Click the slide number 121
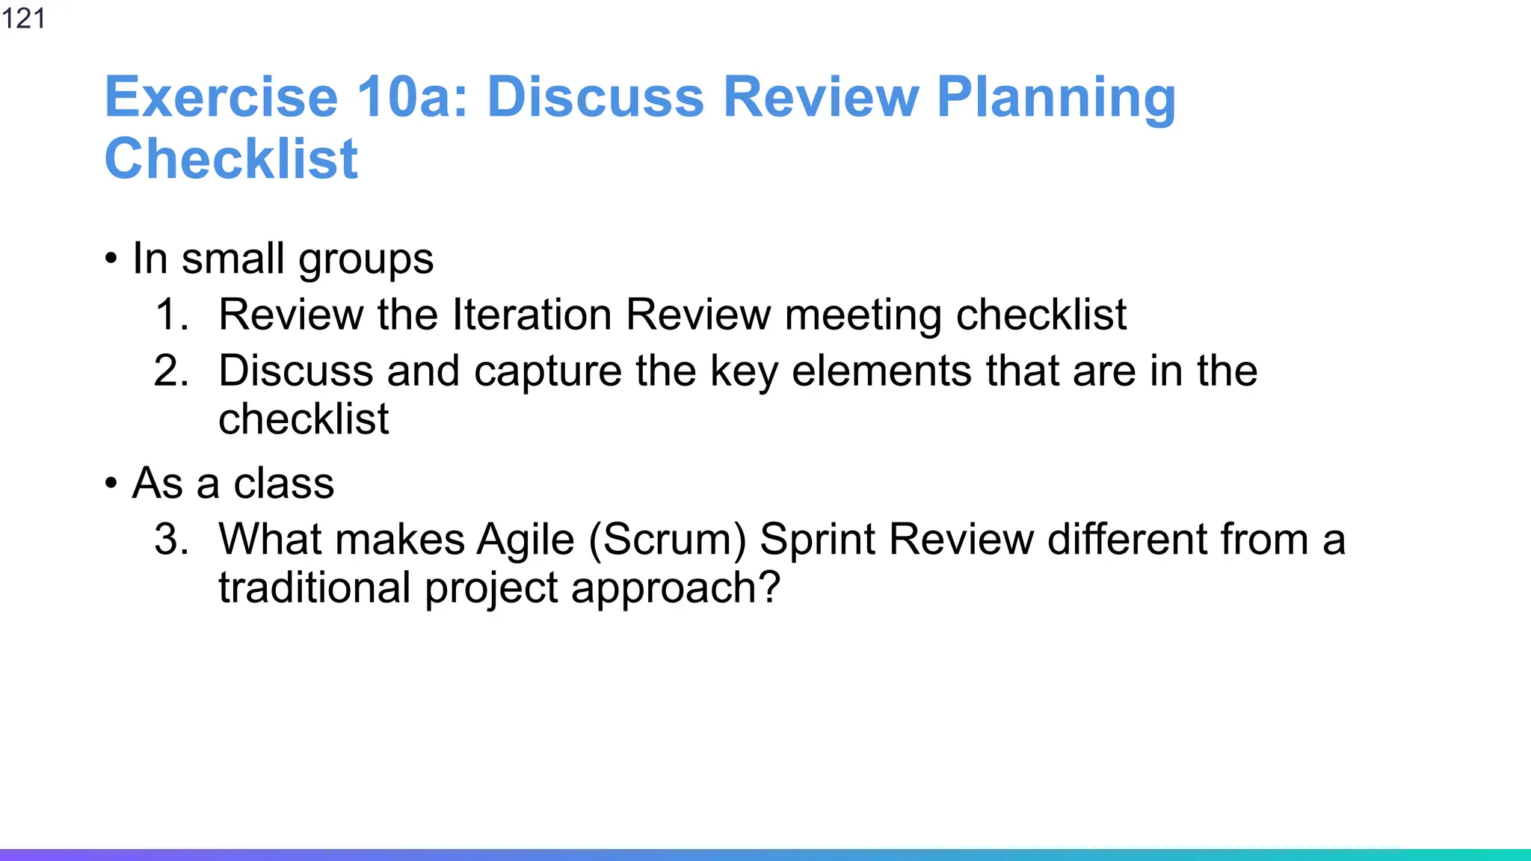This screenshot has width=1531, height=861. point(23,18)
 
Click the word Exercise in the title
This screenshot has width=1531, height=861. point(221,97)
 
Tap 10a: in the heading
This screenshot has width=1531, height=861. point(412,97)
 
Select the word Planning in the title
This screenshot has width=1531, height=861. point(1056,97)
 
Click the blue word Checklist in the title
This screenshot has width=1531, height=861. point(231,159)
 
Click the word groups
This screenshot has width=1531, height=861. point(366,260)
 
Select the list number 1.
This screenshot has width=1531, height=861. point(170,314)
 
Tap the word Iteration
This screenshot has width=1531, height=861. point(532,314)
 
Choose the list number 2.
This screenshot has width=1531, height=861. point(170,371)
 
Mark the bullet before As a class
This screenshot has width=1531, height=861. point(111,484)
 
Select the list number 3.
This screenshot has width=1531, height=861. point(170,539)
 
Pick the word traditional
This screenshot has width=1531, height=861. point(314,587)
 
